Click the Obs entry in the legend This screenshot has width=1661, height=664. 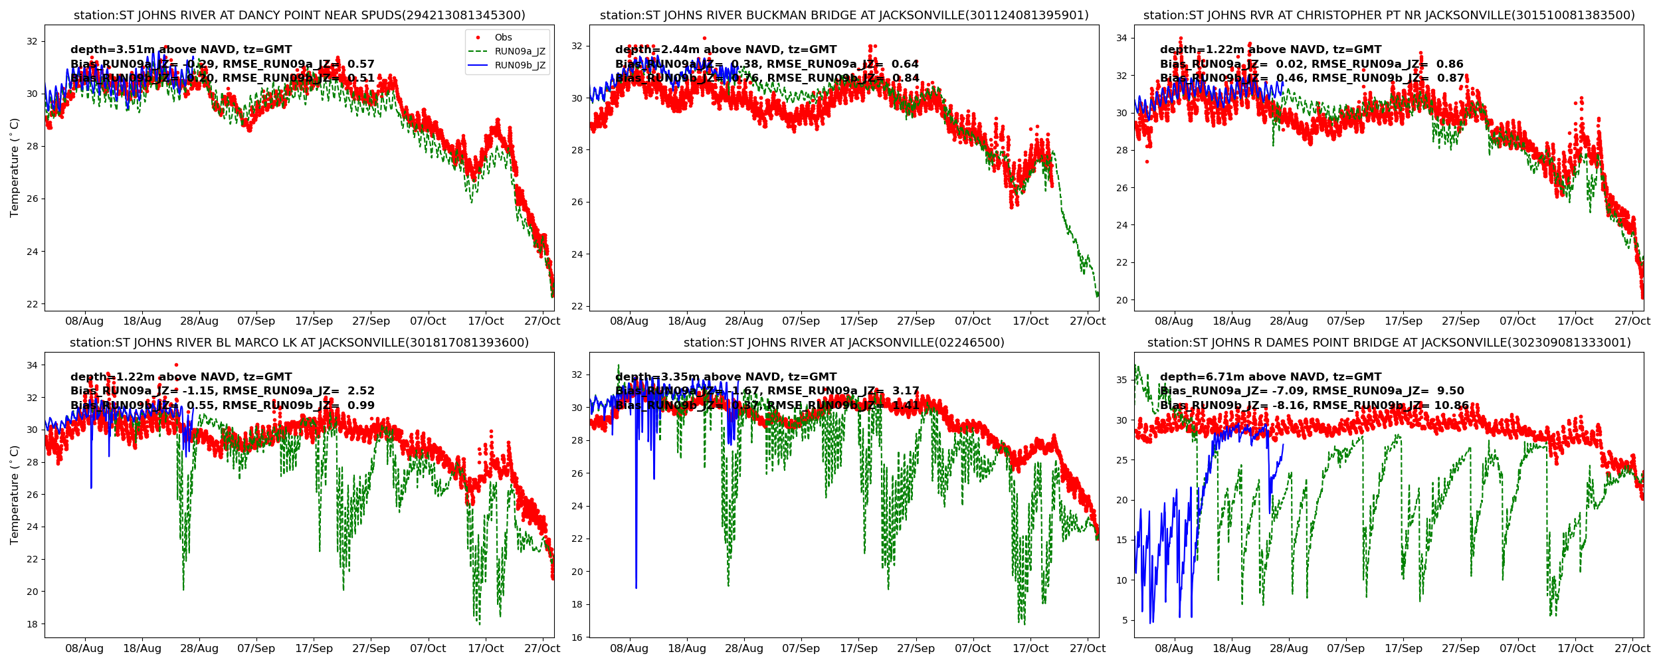click(x=503, y=38)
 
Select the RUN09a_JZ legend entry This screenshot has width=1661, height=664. click(x=520, y=52)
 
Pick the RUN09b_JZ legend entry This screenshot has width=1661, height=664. click(x=520, y=66)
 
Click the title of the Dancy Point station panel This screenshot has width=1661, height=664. click(x=299, y=15)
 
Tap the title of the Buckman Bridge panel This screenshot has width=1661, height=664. click(x=844, y=15)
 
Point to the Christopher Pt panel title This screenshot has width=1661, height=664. click(x=1389, y=15)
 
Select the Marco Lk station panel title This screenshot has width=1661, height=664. click(x=299, y=343)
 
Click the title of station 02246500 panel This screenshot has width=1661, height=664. click(x=844, y=343)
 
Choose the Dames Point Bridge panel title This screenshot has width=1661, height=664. click(x=1389, y=343)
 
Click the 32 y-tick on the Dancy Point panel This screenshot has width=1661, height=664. click(x=32, y=41)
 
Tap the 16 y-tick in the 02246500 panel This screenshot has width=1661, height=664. click(x=577, y=637)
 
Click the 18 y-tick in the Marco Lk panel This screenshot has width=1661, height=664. click(x=32, y=624)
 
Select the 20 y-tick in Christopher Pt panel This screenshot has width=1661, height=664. click(x=1122, y=300)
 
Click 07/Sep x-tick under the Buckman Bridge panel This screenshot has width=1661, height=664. click(x=801, y=321)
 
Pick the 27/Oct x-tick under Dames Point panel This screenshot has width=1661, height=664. click(x=1632, y=649)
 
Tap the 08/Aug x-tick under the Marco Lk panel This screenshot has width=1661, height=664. click(x=84, y=649)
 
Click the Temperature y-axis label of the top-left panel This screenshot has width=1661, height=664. click(x=15, y=167)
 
